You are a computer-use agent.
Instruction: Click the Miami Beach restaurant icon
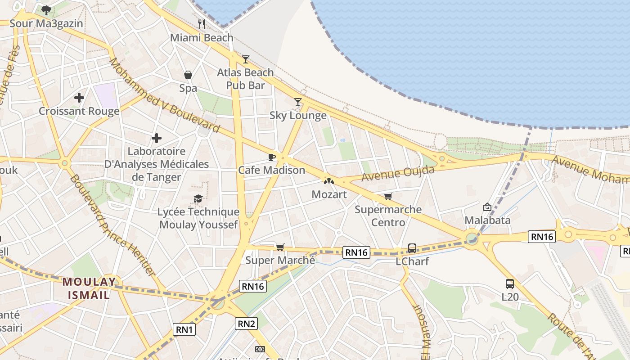click(202, 24)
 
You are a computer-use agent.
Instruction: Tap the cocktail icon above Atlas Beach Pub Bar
click(245, 59)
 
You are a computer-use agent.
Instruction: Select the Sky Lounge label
click(298, 116)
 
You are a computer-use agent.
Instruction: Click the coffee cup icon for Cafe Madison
click(271, 157)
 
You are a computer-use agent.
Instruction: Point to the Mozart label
click(329, 194)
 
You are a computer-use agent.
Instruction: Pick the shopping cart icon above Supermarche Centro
click(388, 196)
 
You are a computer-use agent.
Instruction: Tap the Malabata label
click(487, 220)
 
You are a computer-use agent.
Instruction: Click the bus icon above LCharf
click(412, 248)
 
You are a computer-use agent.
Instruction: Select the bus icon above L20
click(510, 284)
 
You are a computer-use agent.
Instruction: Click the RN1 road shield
click(184, 329)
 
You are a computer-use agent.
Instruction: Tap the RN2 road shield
click(246, 323)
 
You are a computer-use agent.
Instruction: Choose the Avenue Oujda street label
click(398, 174)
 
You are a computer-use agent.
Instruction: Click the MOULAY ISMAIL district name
click(89, 288)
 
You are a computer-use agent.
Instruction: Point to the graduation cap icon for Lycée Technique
click(198, 198)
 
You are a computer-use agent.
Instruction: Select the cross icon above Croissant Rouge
click(79, 98)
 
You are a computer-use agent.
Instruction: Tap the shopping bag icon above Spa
click(188, 75)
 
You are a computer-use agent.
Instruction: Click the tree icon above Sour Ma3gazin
click(46, 10)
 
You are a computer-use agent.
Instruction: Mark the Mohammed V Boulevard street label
click(164, 95)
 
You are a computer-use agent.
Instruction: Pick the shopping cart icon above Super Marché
click(280, 247)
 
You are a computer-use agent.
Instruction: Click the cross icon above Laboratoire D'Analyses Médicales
click(157, 138)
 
